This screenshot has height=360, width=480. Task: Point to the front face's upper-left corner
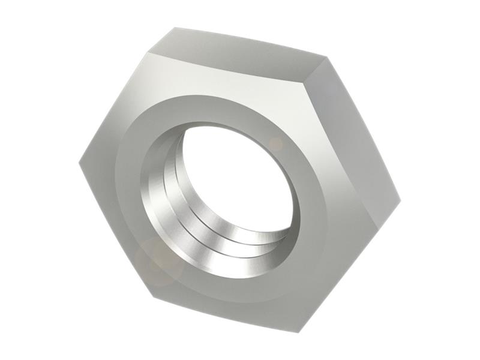[146, 53]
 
